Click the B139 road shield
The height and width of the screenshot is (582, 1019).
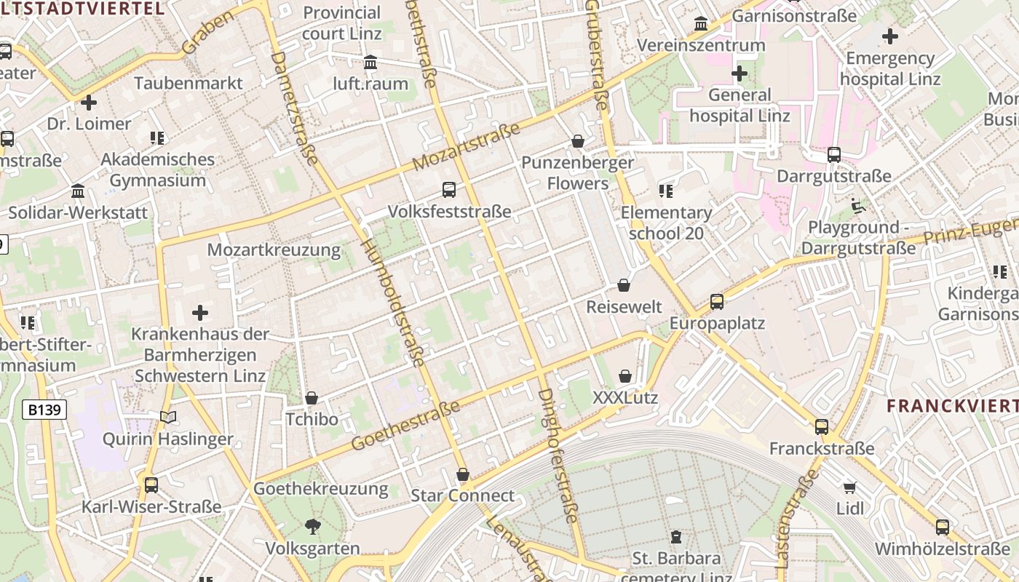point(44,410)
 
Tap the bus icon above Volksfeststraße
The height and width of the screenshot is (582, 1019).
point(449,190)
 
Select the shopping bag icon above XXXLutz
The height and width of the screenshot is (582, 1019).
point(625,376)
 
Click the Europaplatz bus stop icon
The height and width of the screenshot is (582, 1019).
point(717,301)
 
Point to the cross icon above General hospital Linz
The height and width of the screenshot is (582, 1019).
point(740,73)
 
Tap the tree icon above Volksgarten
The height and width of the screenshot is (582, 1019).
point(313,526)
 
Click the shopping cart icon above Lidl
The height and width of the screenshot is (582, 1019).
point(849,487)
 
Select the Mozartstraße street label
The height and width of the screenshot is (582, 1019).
point(467,147)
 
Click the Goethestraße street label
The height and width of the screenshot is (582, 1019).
point(405,425)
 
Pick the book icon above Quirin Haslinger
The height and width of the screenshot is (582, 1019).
point(168,417)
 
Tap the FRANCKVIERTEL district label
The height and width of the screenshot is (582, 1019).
point(952,406)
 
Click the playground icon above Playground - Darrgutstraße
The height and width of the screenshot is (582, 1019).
point(859,206)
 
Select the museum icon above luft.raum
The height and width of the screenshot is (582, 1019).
point(370,62)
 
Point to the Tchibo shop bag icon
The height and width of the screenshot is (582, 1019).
point(312,398)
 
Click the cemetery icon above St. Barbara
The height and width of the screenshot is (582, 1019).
point(676,537)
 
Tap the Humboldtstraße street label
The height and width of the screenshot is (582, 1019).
point(393,302)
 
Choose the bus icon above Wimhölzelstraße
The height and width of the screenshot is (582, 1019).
point(943,527)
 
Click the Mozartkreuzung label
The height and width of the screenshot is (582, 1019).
point(274,250)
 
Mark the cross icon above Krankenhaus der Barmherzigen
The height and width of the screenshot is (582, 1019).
point(200,313)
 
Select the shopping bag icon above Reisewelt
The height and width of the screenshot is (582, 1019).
point(624,285)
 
